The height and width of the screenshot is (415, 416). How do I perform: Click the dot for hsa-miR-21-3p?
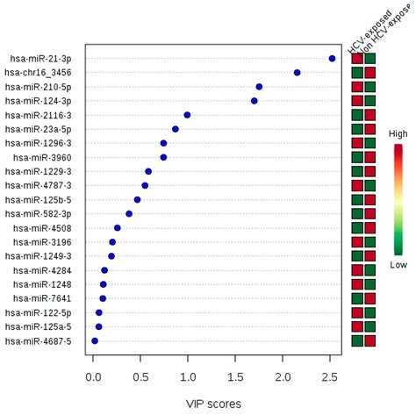point(332,58)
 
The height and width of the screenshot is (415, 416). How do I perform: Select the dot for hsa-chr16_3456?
point(297,72)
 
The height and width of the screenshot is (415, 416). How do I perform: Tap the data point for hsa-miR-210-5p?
point(259,86)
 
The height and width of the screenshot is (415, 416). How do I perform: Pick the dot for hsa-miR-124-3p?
point(255,101)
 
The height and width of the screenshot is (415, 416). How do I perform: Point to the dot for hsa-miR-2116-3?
point(187,115)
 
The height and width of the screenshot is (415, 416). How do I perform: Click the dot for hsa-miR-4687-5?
point(95,340)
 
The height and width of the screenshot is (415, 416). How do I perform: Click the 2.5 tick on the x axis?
point(330,376)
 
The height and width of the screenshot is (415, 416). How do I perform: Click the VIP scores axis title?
point(212,403)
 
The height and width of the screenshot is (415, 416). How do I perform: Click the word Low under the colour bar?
point(398,263)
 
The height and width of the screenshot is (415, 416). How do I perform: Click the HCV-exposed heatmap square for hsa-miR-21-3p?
point(357,59)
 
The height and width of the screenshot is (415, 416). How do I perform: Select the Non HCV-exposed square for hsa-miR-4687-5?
point(369,340)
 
